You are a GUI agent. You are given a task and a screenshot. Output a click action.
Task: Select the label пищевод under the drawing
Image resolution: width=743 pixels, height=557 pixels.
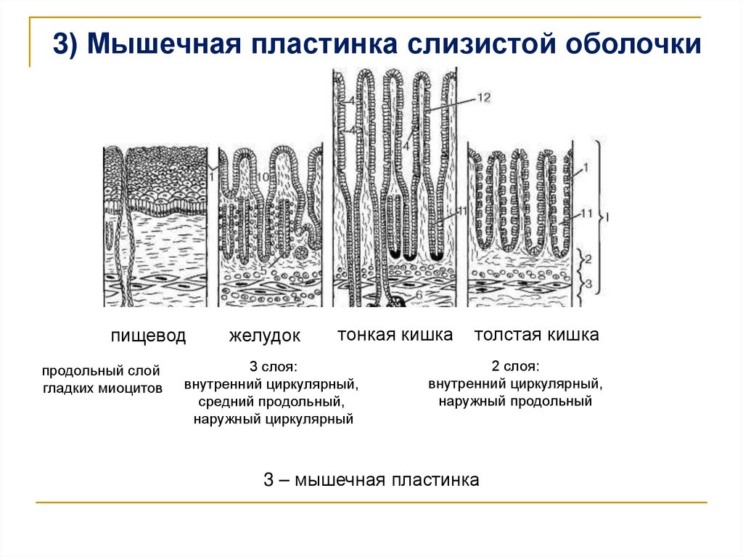(148, 336)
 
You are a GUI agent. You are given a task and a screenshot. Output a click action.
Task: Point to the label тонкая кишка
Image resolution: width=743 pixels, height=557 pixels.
(395, 335)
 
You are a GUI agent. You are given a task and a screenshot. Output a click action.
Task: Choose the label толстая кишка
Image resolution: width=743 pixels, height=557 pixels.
(536, 335)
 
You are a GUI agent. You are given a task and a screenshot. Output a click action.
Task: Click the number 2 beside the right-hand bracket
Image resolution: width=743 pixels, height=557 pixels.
(589, 259)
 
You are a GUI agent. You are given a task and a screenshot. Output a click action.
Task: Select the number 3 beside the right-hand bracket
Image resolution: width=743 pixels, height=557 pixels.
(589, 282)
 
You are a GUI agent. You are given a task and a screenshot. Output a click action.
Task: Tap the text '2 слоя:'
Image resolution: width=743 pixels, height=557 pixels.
(515, 366)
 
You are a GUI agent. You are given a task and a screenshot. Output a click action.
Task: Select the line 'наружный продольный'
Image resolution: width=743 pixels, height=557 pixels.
(515, 401)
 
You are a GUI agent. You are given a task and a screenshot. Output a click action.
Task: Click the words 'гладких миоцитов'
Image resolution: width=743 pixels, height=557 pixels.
(102, 389)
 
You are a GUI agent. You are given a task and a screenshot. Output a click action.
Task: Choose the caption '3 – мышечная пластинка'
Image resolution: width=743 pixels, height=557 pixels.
(371, 480)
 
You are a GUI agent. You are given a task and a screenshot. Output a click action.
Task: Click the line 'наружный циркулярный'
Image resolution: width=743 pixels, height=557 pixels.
(273, 418)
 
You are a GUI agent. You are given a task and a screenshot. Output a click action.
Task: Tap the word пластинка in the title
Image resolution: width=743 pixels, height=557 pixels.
(323, 44)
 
